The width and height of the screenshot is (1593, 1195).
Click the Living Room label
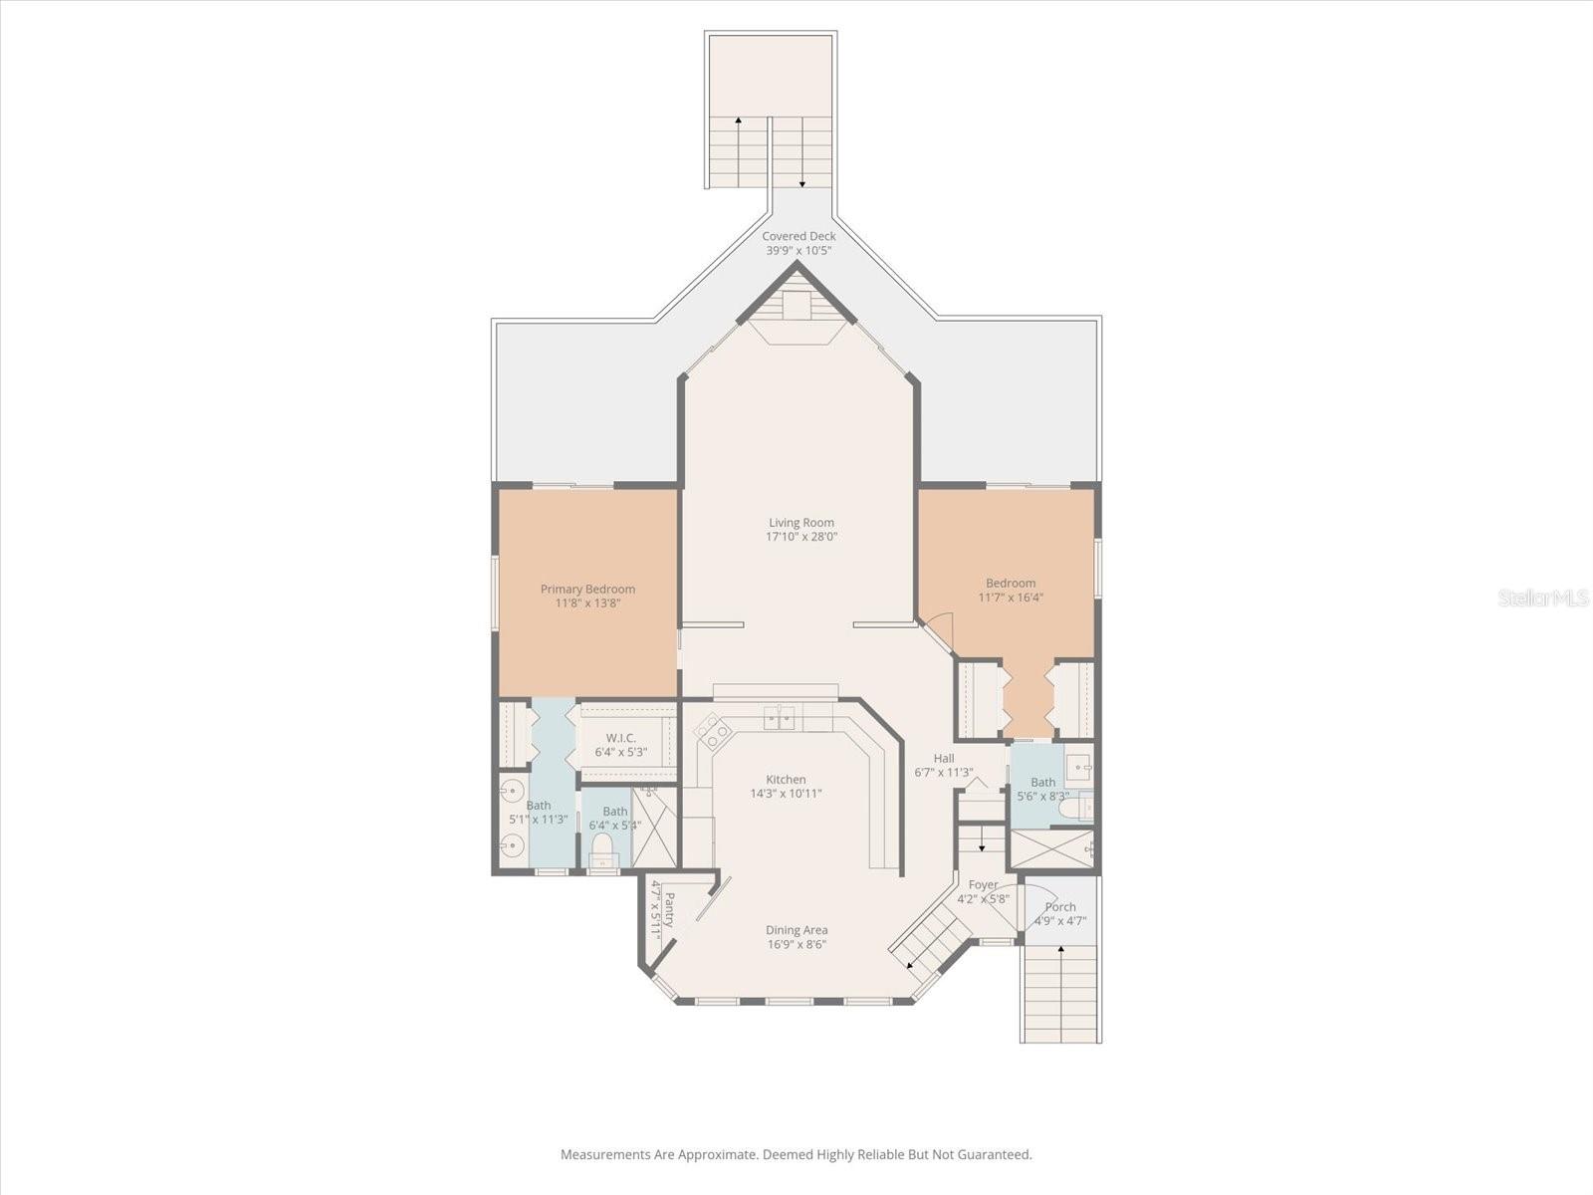(800, 522)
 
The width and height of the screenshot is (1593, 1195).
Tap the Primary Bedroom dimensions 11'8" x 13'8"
(587, 603)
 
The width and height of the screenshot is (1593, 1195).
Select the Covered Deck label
(798, 236)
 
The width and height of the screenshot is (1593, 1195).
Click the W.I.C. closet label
(620, 738)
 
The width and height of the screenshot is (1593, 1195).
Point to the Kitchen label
(786, 780)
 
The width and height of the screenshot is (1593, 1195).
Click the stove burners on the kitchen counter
(713, 733)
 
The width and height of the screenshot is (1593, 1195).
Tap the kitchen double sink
(780, 716)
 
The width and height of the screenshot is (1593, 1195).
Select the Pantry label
(669, 909)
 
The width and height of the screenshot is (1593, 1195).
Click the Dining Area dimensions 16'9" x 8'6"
(796, 945)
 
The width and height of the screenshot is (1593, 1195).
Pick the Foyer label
(983, 884)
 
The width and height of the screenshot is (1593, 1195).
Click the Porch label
(1060, 907)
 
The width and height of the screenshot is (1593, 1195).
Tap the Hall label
(943, 759)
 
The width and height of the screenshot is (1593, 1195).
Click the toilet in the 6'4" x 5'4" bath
(600, 847)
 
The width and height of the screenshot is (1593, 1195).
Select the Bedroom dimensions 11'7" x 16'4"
(1011, 597)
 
